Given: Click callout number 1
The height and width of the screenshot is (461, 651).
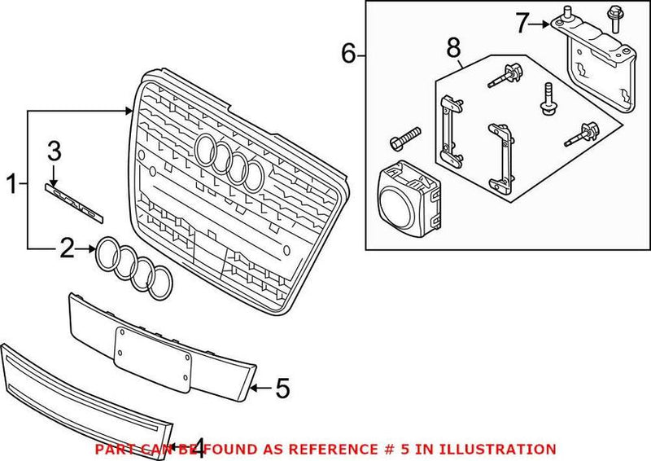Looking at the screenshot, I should coord(11,186).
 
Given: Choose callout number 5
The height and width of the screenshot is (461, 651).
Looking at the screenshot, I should coord(281,389).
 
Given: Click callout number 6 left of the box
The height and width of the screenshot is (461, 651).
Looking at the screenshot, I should coord(348,55).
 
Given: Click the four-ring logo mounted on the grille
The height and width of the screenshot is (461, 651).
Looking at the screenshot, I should coord(231,160).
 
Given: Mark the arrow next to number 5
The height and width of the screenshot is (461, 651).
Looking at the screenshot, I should coord(258,389).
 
